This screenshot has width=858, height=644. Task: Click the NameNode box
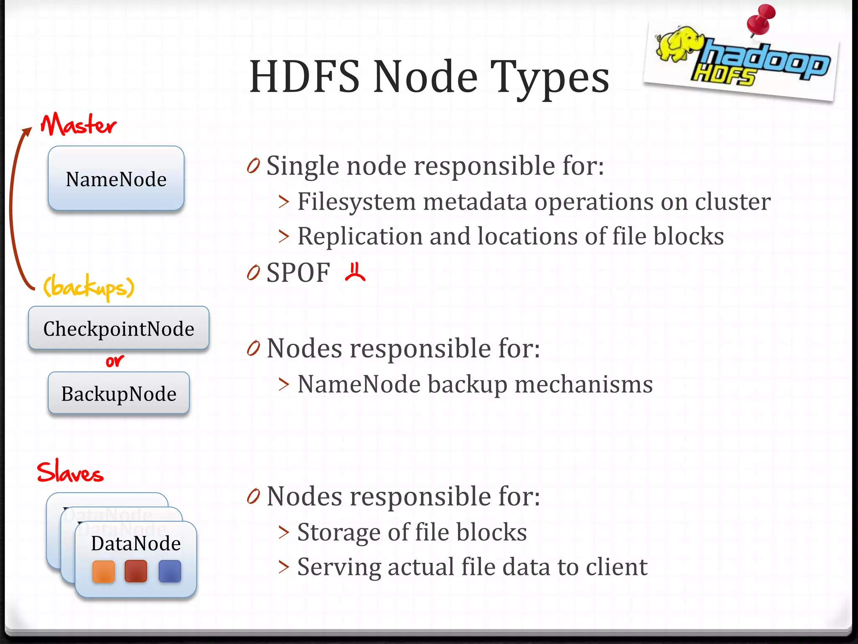pyautogui.click(x=116, y=178)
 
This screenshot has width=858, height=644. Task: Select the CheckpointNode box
pyautogui.click(x=119, y=328)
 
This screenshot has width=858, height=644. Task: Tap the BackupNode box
pyautogui.click(x=119, y=393)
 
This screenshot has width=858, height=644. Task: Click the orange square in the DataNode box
pyautogui.click(x=103, y=571)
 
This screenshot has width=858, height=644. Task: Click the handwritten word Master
pyautogui.click(x=78, y=125)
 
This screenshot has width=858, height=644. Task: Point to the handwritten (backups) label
pyautogui.click(x=89, y=287)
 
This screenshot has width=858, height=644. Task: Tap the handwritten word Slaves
pyautogui.click(x=70, y=472)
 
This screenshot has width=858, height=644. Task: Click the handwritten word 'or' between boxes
pyautogui.click(x=114, y=361)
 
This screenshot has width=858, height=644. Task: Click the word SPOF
pyautogui.click(x=298, y=273)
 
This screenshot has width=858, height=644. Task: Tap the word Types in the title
pyautogui.click(x=550, y=78)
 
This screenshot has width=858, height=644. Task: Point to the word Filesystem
pyautogui.click(x=357, y=202)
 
